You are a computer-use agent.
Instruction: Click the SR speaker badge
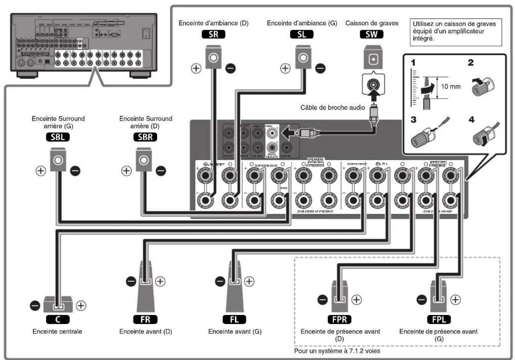pos(213,34)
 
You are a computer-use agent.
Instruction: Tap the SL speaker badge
pos(302,34)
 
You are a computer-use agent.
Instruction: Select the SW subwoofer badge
pos(372,34)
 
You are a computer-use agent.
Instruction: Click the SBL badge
pos(58,137)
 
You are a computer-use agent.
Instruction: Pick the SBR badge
pos(145,137)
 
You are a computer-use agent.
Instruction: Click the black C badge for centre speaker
pos(58,319)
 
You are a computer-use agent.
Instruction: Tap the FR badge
pos(145,319)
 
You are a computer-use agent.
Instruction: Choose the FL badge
pos(234,319)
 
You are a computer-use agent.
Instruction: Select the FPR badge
pos(340,319)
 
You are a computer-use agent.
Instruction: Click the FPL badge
pos(439,319)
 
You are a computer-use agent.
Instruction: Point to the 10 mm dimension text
pos(451,87)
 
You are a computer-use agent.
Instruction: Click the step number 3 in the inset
pos(413,120)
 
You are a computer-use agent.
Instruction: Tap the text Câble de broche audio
pos(332,108)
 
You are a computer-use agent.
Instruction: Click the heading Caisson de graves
pos(372,23)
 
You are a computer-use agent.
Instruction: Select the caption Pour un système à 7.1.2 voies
pos(337,351)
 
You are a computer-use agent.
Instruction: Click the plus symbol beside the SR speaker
pos(196,68)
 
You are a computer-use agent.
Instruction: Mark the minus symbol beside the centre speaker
pos(35,305)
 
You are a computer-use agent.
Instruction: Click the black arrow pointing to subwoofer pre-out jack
pos(288,133)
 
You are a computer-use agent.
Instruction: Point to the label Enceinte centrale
pos(57,331)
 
